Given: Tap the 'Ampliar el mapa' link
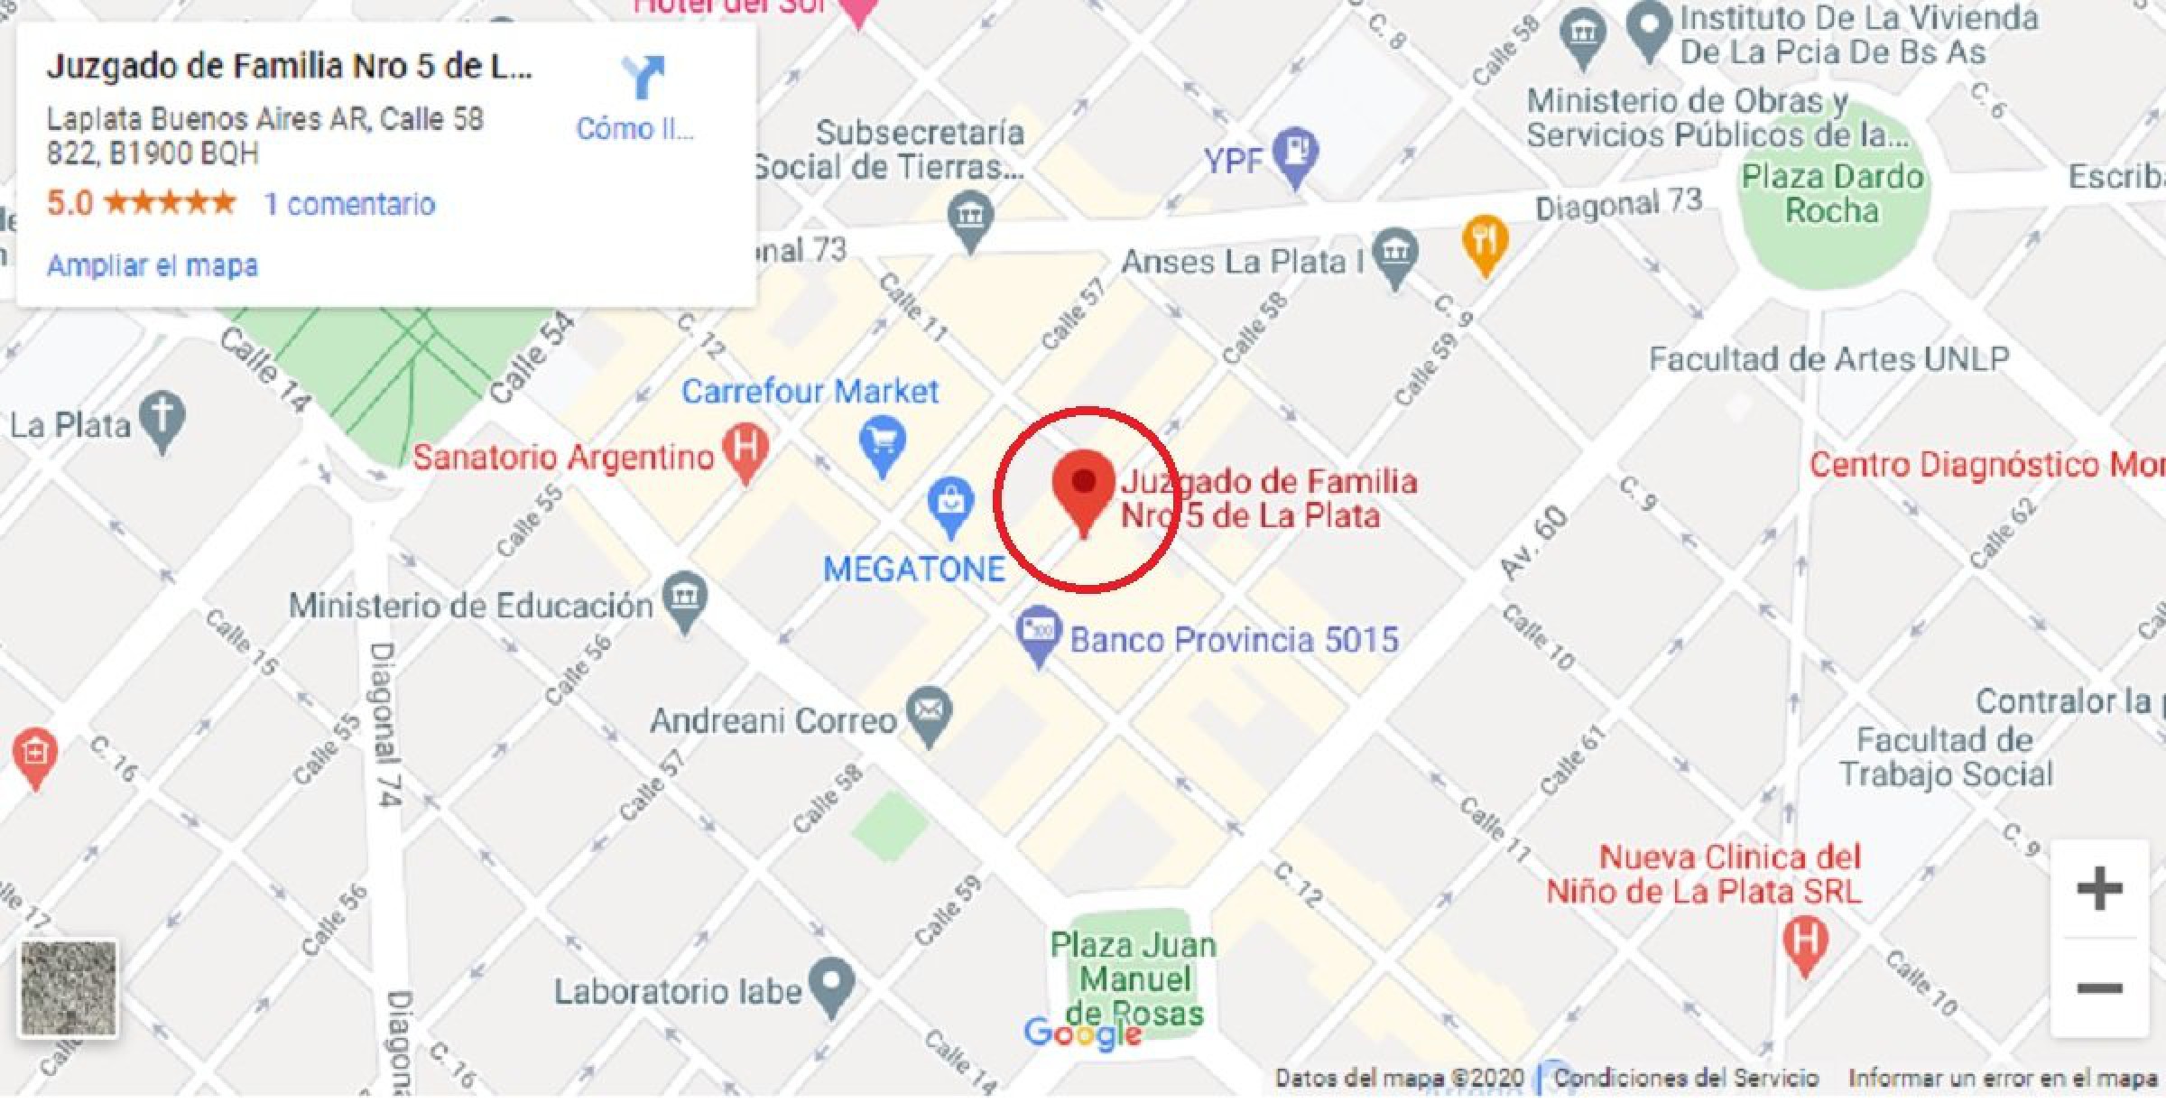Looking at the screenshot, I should [x=152, y=265].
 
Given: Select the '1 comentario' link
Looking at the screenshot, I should [x=349, y=204].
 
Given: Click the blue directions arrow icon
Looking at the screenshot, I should [x=643, y=78].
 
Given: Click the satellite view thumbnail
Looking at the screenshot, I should [x=69, y=988].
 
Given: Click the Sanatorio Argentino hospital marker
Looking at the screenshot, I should [x=746, y=450].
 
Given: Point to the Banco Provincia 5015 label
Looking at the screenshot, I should [x=1234, y=640].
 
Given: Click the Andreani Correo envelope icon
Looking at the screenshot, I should [x=930, y=713].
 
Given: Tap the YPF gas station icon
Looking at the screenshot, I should [x=1296, y=153].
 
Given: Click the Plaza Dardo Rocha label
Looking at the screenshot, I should [x=1832, y=193].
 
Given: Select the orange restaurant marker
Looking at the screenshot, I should [x=1485, y=242].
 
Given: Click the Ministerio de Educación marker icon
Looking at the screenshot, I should [x=685, y=598].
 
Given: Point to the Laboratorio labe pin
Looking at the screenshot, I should [x=831, y=983].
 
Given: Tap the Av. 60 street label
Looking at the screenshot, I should [x=1533, y=542].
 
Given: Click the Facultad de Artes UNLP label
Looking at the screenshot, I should [x=1828, y=359].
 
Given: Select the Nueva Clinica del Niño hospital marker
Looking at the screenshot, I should [x=1805, y=942].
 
